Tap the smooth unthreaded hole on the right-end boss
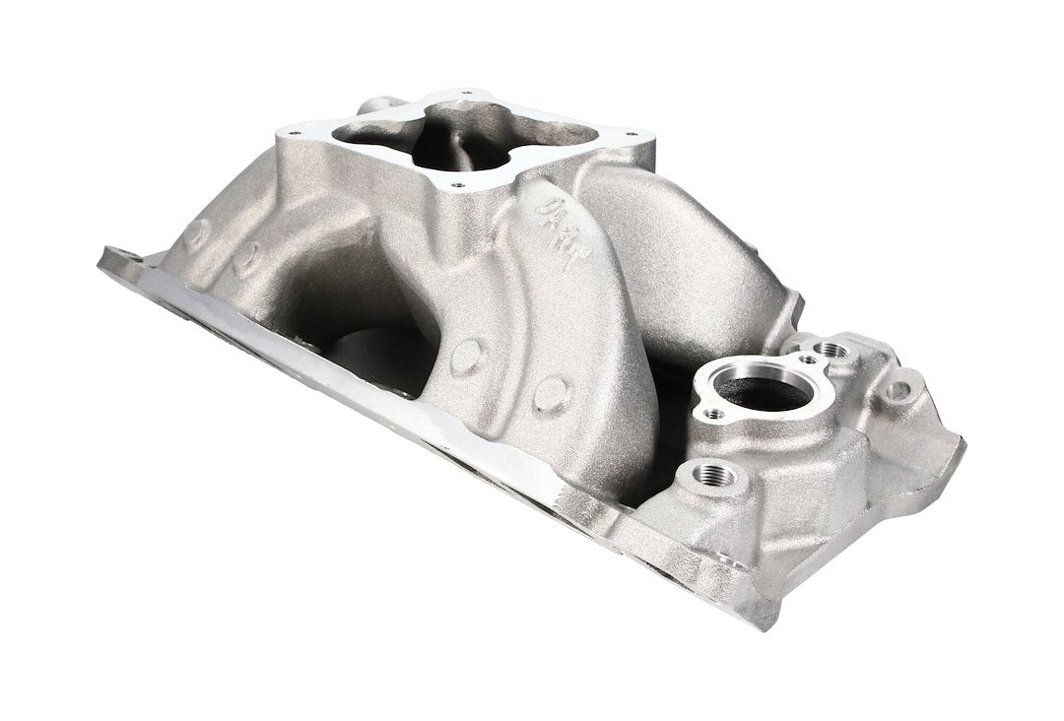click(898, 390)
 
